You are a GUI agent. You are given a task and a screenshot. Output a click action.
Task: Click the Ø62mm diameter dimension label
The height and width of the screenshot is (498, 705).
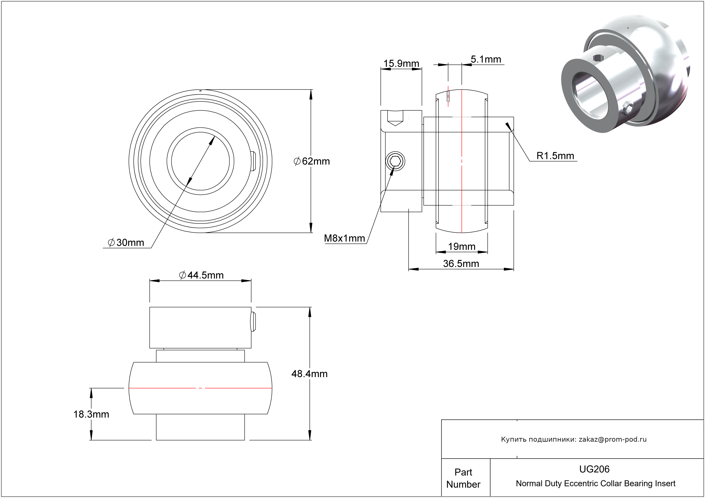point(312,161)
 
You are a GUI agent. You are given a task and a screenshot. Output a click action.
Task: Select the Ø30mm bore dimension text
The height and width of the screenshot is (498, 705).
point(126,243)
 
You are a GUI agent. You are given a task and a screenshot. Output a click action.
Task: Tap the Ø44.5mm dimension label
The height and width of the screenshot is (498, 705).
point(202,275)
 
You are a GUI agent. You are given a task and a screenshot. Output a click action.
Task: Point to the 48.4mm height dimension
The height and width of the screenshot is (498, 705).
point(310,374)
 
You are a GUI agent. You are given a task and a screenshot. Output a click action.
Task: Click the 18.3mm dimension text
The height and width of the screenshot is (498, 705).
point(91,414)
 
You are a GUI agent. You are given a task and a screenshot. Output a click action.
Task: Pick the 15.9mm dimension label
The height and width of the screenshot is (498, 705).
point(401,64)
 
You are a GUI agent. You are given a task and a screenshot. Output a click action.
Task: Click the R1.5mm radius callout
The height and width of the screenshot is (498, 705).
point(555,156)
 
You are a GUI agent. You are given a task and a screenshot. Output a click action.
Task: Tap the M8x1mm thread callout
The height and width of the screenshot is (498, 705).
point(344,238)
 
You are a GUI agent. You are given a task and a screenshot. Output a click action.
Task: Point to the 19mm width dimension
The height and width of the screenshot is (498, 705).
point(461,246)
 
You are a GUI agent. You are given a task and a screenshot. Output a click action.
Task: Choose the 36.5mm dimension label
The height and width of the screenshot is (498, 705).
point(461,263)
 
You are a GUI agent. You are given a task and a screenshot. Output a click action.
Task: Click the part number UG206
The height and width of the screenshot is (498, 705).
point(594,469)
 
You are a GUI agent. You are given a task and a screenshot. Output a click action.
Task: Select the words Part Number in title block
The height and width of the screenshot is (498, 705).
point(463,478)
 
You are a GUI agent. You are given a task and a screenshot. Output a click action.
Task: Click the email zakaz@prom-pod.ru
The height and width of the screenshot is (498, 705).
point(613,439)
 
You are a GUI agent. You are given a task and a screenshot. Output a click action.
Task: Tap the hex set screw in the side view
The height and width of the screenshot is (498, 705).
point(395,161)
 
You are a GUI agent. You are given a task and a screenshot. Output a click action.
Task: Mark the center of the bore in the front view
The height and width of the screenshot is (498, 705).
point(200,161)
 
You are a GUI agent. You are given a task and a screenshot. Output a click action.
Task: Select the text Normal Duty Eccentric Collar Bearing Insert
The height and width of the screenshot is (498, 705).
point(595,484)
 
